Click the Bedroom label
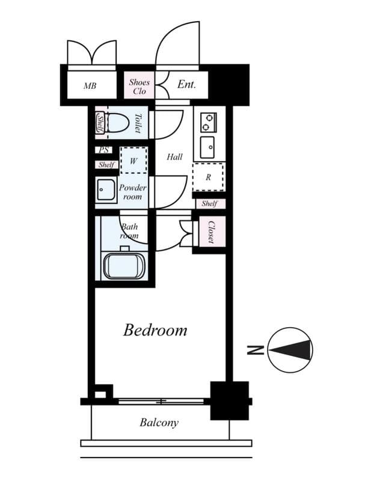[x=155, y=330]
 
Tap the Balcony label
[x=159, y=423]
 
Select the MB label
[x=90, y=85]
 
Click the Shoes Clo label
[x=140, y=85]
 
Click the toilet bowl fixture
[x=118, y=123]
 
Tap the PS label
[x=103, y=151]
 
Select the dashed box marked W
[x=133, y=161]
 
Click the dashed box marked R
[x=208, y=177]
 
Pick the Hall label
[x=174, y=157]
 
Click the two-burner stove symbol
[x=208, y=123]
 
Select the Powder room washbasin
[x=107, y=191]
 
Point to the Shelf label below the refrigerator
[x=209, y=204]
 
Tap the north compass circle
[x=290, y=349]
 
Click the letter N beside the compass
[x=254, y=349]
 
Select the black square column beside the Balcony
[x=229, y=400]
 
